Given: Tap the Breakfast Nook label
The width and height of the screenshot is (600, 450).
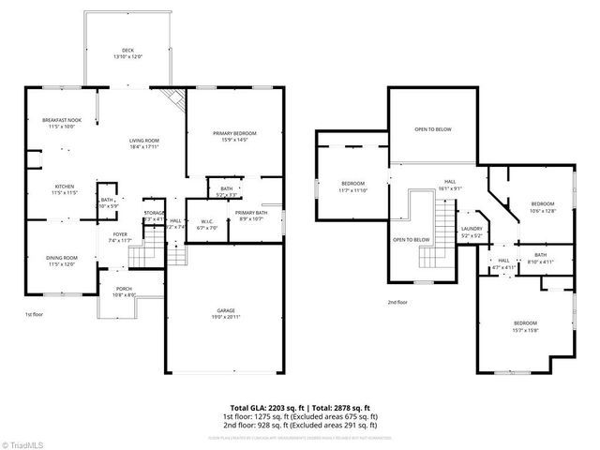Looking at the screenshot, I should [x=62, y=124].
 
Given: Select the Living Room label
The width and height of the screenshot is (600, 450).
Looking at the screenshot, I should [x=144, y=143].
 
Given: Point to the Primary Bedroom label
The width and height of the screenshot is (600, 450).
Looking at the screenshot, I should [x=233, y=137].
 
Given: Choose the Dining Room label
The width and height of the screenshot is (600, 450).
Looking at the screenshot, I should [x=63, y=260].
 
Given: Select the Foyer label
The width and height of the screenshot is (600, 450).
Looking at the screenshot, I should [x=120, y=237].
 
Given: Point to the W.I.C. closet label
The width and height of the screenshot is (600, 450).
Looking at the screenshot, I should [x=207, y=225].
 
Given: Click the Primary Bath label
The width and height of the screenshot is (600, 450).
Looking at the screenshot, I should [x=250, y=216].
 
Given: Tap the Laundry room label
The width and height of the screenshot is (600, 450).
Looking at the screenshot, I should [x=472, y=232].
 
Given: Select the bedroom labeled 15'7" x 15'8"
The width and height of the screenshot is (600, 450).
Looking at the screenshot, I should [x=524, y=325].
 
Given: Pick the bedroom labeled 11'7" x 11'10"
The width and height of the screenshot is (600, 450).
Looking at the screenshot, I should [x=352, y=186].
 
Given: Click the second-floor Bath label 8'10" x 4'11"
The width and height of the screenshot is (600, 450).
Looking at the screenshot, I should [x=541, y=258].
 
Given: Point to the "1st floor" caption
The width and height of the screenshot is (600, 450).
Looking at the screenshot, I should [x=35, y=315].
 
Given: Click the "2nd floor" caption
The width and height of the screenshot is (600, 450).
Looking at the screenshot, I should [x=397, y=302].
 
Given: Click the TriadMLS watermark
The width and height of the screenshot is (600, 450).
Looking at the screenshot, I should [x=23, y=442].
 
